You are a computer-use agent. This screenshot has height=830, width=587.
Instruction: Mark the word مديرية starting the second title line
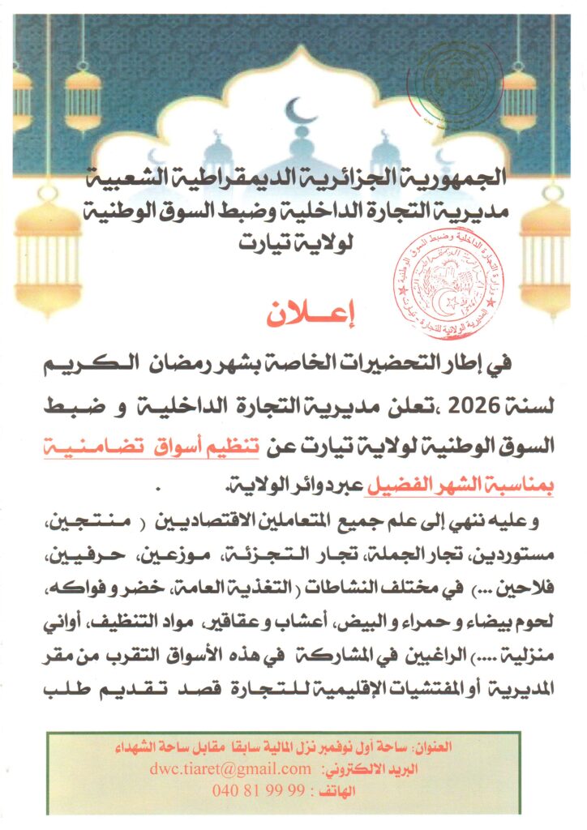coord(510,209)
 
